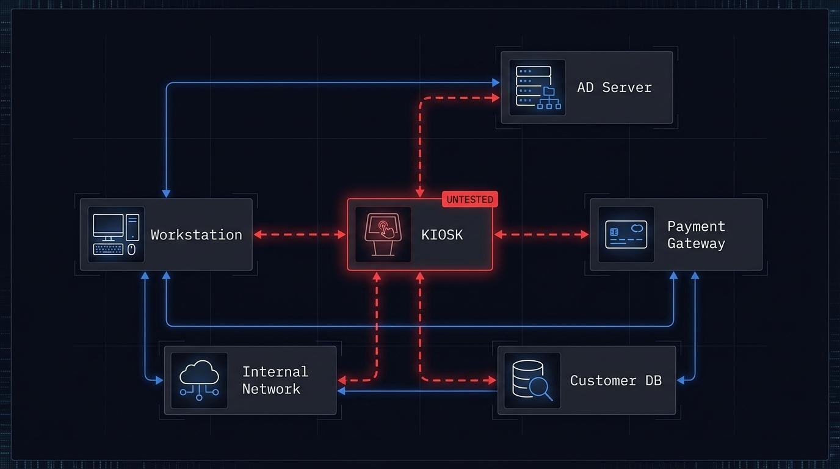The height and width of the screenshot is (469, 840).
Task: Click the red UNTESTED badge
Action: pyautogui.click(x=469, y=199)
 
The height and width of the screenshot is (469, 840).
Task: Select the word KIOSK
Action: pyautogui.click(x=442, y=234)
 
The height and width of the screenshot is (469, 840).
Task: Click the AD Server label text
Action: pyautogui.click(x=614, y=87)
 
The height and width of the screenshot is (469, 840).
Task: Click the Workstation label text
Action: pyautogui.click(x=196, y=234)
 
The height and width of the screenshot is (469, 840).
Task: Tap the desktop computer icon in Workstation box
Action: pyautogui.click(x=116, y=234)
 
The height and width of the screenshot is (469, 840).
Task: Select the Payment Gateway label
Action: pyautogui.click(x=696, y=234)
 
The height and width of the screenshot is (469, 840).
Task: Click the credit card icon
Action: pyautogui.click(x=626, y=234)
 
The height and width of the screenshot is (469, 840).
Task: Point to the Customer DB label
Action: pyautogui.click(x=615, y=380)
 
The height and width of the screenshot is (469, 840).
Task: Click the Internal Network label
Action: pyautogui.click(x=275, y=380)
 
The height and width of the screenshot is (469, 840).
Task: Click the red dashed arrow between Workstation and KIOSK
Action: pyautogui.click(x=300, y=234)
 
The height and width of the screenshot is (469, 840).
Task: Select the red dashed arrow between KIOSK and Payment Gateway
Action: pyautogui.click(x=541, y=234)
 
